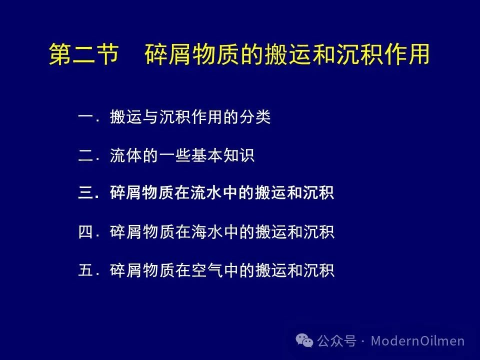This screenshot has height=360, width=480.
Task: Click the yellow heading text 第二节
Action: (x=84, y=54)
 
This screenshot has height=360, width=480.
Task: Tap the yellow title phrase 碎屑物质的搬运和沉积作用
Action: (x=287, y=54)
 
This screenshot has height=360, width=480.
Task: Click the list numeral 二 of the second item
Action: (x=85, y=155)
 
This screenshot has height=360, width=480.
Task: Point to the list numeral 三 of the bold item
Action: (x=85, y=193)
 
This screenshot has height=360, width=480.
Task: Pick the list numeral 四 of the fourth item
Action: (x=85, y=231)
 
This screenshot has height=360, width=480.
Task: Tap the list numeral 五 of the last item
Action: (x=85, y=270)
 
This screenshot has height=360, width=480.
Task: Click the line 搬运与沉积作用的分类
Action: (x=190, y=116)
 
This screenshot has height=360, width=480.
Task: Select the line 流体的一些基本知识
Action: (x=182, y=155)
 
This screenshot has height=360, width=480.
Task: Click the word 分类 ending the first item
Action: (x=254, y=116)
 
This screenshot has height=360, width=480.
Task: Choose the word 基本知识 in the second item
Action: (x=222, y=155)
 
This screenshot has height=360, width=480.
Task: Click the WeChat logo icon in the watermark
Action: (x=304, y=340)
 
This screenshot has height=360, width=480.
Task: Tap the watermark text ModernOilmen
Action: (x=418, y=340)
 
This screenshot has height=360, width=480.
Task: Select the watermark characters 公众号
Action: (x=336, y=340)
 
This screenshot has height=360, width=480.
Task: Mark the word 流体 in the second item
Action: (x=126, y=155)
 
